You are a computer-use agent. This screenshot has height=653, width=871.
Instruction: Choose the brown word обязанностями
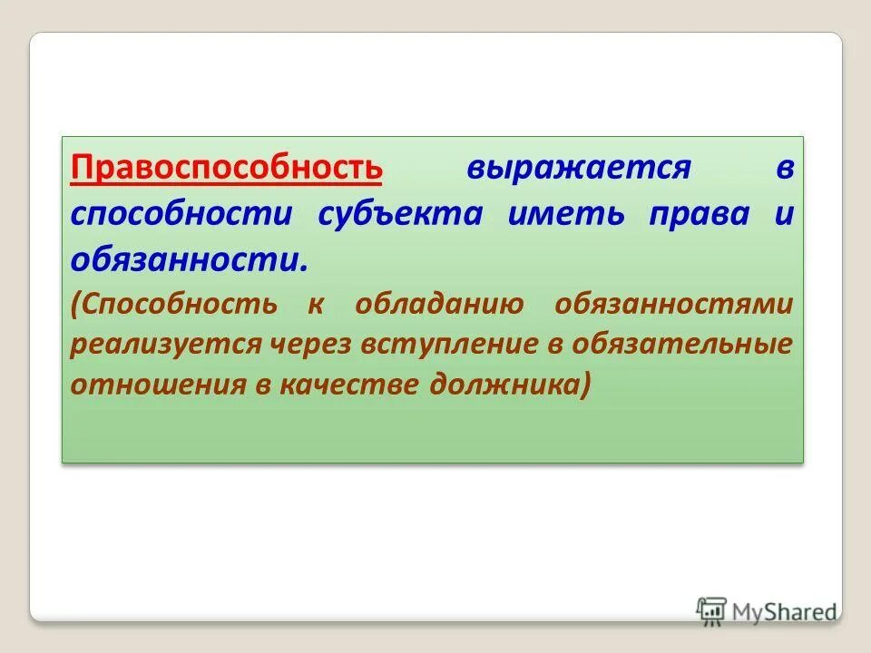coord(673,304)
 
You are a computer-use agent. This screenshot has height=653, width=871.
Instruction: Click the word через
coord(312,345)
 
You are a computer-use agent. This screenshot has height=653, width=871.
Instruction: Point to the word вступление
coord(450,345)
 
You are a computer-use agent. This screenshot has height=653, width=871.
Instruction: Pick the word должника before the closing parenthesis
coord(506,385)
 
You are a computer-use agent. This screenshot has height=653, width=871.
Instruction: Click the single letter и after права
coord(785,215)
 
